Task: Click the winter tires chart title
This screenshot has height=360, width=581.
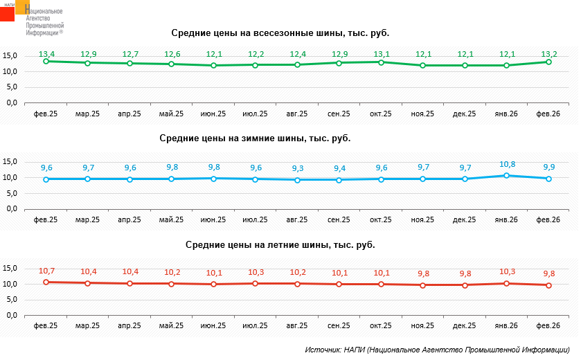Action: pyautogui.click(x=255, y=138)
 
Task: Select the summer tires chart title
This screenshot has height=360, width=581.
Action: pyautogui.click(x=280, y=244)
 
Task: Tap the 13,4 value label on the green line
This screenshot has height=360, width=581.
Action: pyautogui.click(x=46, y=53)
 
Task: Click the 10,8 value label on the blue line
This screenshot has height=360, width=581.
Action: pyautogui.click(x=507, y=165)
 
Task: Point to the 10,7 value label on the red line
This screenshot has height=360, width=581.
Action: pyautogui.click(x=46, y=271)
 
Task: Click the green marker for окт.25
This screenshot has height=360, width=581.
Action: pyautogui.click(x=381, y=62)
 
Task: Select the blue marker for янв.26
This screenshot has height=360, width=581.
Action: pyautogui.click(x=507, y=176)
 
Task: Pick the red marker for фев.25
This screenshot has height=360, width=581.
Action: pyautogui.click(x=46, y=282)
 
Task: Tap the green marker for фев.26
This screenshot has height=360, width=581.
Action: pyautogui.click(x=548, y=62)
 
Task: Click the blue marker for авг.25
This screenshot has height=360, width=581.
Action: pyautogui.click(x=297, y=180)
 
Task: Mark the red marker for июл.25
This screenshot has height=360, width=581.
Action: pyautogui.click(x=256, y=283)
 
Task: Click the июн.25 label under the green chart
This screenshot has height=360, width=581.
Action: pyautogui.click(x=213, y=114)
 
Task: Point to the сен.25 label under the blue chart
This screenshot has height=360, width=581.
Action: pyautogui.click(x=339, y=219)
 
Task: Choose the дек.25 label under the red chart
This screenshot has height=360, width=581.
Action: pyautogui.click(x=465, y=325)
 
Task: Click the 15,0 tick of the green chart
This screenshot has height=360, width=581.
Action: pyautogui.click(x=10, y=55)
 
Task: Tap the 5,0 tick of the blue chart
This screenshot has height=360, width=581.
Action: pyautogui.click(x=11, y=193)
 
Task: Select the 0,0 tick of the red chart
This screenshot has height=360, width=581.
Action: pyautogui.click(x=11, y=315)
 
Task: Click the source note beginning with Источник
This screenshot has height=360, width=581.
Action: pyautogui.click(x=441, y=350)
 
